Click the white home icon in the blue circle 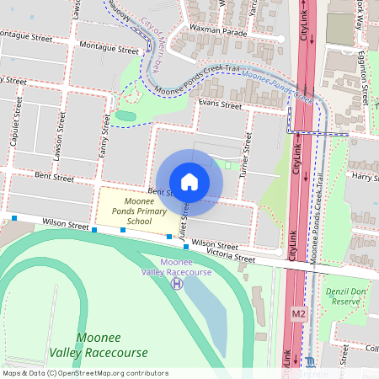click(x=189, y=181)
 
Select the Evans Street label click(x=220, y=104)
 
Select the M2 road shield click(x=299, y=314)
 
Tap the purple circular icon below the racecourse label click(x=177, y=284)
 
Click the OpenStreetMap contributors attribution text click(x=85, y=373)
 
